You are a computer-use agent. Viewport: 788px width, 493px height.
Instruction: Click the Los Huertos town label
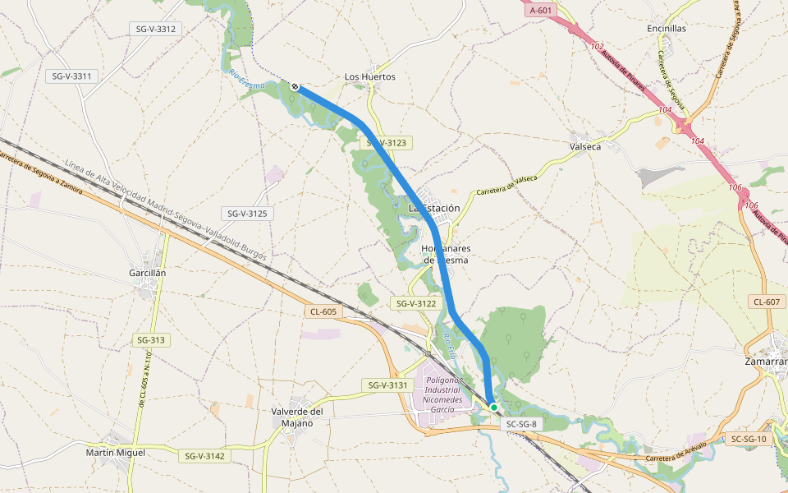tap(369, 76)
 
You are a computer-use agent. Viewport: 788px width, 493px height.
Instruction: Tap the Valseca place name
tap(584, 146)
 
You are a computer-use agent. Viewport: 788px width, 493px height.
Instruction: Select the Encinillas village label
tap(667, 28)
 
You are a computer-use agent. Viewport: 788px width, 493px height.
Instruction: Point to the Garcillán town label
tap(148, 272)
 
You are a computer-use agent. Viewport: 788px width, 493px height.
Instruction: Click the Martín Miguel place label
tap(116, 452)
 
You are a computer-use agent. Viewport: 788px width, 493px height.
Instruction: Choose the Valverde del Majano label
tap(297, 417)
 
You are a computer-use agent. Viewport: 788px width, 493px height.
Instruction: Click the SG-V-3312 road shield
tap(155, 29)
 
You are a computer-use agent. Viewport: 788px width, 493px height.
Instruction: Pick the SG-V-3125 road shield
tap(250, 214)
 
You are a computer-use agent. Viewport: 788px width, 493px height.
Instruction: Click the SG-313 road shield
tap(152, 340)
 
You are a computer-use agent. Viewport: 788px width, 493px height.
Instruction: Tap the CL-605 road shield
tap(323, 311)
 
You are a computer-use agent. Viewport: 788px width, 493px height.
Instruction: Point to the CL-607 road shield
tap(766, 302)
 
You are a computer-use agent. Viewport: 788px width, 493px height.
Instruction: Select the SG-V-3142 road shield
tap(204, 456)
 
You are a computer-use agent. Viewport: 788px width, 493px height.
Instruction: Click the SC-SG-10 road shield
tap(748, 440)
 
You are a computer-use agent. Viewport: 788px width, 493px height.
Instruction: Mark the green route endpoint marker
tap(494, 408)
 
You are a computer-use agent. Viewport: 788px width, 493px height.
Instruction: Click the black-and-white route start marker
tap(295, 86)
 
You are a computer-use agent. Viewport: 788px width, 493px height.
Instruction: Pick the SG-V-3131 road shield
tap(387, 385)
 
